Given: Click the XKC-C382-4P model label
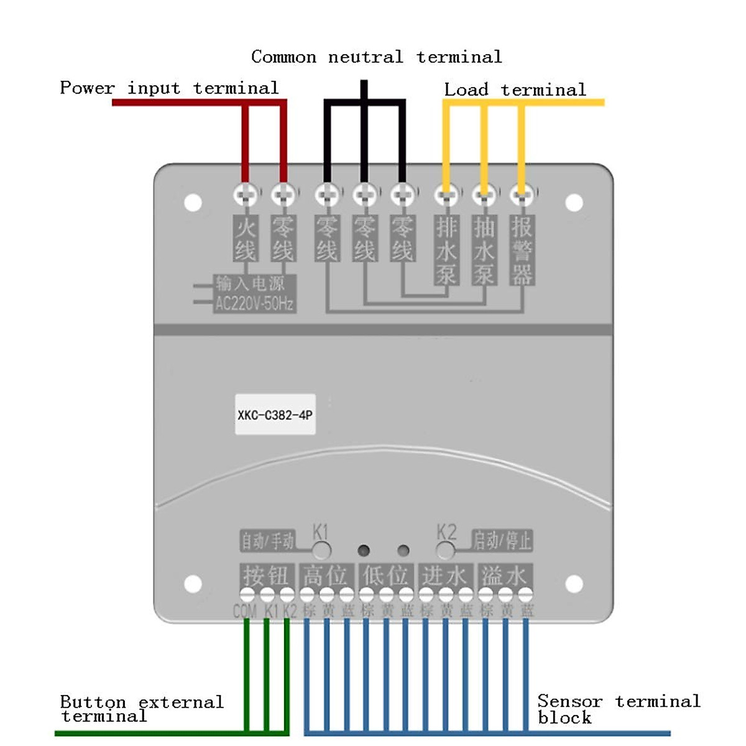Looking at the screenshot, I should click(275, 415).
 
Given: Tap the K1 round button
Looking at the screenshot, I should click(321, 550).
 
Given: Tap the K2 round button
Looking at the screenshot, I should click(445, 550).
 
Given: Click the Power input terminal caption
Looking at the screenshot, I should click(169, 88).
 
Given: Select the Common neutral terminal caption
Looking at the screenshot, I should click(376, 57).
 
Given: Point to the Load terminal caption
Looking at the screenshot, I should click(515, 90).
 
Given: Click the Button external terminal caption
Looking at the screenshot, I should click(141, 709).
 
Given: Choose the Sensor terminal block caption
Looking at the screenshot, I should click(619, 709).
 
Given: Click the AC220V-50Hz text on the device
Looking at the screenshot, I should click(254, 304).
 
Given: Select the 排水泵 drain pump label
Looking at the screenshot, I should click(446, 250).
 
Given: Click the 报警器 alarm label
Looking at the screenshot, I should click(522, 250).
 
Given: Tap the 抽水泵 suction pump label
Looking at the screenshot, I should click(484, 250).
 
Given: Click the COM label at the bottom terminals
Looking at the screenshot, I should click(245, 611).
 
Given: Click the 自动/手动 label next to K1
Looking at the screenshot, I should click(267, 541).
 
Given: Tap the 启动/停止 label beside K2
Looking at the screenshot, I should click(502, 540).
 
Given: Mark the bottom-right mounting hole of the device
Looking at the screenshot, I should click(574, 584).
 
